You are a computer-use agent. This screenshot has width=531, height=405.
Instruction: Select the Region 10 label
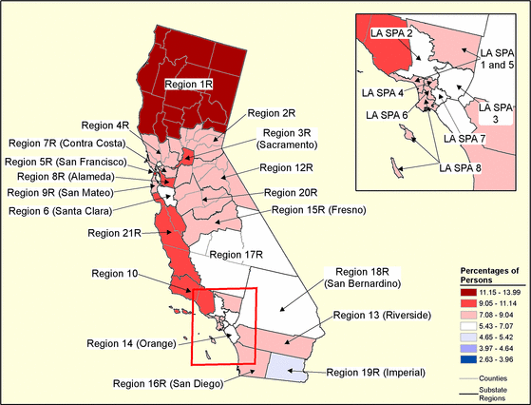(115, 274)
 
